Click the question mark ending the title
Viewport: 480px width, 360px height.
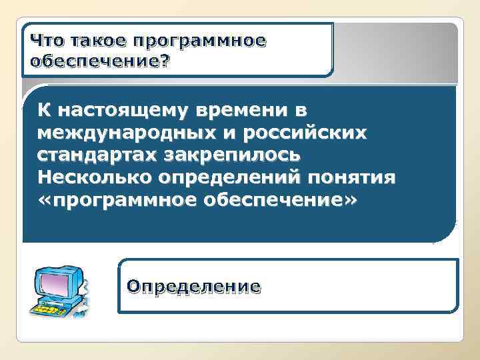[x=165, y=61]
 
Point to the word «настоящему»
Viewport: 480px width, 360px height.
[x=125, y=109]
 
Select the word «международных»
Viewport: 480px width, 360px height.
[x=126, y=132]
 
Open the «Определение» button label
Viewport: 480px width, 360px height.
[x=194, y=287]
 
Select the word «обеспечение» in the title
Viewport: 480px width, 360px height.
[x=93, y=61]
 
